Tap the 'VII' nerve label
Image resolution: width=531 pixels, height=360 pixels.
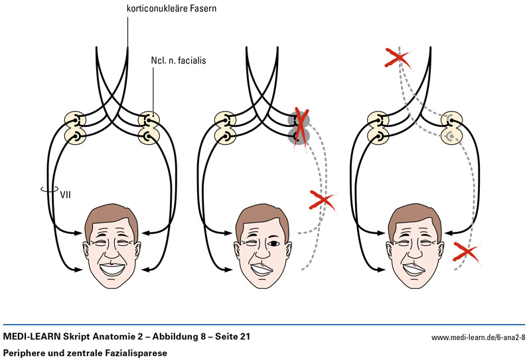coord(65,195)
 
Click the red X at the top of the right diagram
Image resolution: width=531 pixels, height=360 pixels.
coord(398,58)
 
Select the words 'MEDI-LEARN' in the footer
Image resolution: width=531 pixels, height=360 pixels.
coord(31,337)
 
